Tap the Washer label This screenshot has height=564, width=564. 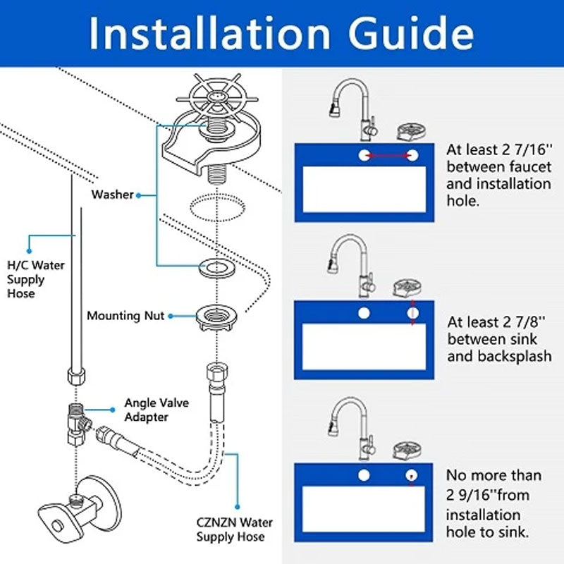click(112, 194)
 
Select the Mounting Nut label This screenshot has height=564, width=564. click(125, 316)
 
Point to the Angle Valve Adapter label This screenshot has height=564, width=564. click(146, 410)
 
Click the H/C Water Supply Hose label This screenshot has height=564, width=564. click(35, 279)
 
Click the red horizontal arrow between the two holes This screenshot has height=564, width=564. click(388, 154)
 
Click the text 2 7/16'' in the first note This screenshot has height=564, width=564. click(522, 149)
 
